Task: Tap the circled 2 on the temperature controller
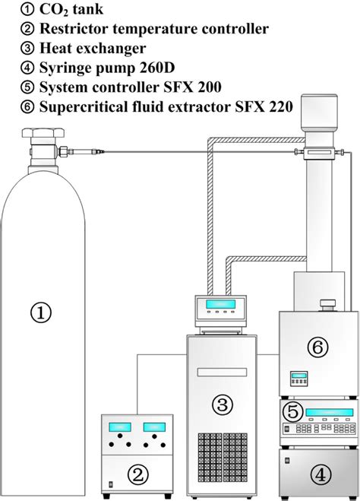[x=137, y=475]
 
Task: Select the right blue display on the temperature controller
[x=159, y=427]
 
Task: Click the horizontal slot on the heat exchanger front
[x=225, y=372]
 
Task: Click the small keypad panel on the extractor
[x=298, y=377]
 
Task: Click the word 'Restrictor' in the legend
[x=60, y=30]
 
